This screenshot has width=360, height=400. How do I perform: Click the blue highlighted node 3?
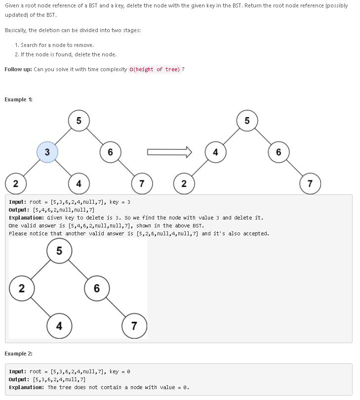click(x=47, y=152)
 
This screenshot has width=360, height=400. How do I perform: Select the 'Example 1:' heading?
click(x=19, y=99)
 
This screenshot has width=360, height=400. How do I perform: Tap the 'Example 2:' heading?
click(x=19, y=354)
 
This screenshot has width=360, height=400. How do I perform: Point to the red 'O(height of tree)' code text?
click(x=155, y=69)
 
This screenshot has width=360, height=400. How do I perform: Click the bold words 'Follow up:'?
click(x=18, y=69)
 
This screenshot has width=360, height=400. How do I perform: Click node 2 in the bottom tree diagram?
click(x=21, y=288)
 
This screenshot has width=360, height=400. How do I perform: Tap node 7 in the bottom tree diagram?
click(x=134, y=326)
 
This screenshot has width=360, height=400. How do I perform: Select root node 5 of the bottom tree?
click(x=59, y=251)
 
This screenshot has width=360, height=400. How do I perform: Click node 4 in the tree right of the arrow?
click(x=215, y=152)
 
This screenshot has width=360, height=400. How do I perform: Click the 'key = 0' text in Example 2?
click(x=120, y=371)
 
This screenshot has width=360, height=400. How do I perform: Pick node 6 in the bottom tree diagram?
click(x=97, y=288)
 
